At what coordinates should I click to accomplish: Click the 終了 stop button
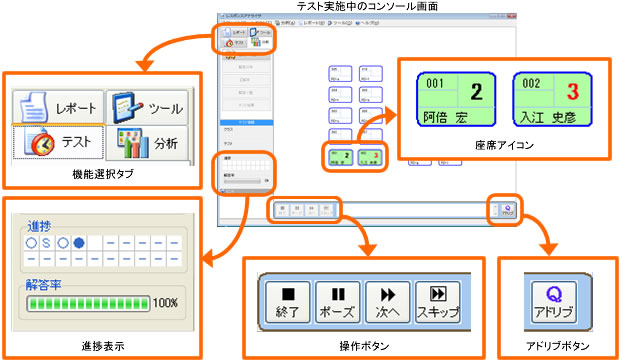[x=287, y=300]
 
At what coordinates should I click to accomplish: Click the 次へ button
[x=387, y=300]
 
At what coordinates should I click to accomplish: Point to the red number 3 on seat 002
[x=574, y=93]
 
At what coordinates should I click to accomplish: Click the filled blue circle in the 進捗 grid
[x=79, y=243]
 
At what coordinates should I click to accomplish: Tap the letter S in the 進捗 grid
[x=47, y=243]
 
